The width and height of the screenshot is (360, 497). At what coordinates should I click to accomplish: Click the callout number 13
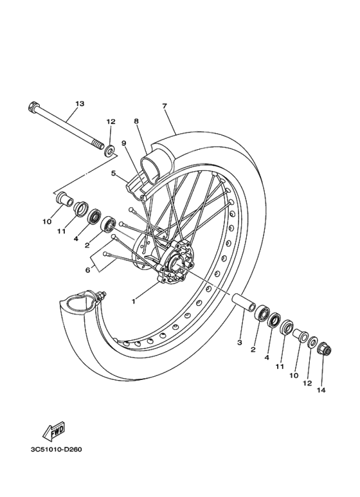pos(80,104)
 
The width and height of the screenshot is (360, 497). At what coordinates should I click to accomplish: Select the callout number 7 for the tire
pos(165,106)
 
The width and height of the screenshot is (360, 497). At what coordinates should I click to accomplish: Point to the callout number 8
pos(136,121)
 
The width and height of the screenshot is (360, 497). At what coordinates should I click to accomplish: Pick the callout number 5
pos(114,173)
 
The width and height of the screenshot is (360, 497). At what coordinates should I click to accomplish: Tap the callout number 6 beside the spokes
pos(88,270)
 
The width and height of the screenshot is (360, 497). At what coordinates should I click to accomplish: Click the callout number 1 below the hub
pos(134,301)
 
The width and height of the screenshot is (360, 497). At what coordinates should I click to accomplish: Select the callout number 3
pos(239,343)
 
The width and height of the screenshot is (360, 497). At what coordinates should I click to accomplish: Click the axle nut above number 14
pos(324,350)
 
